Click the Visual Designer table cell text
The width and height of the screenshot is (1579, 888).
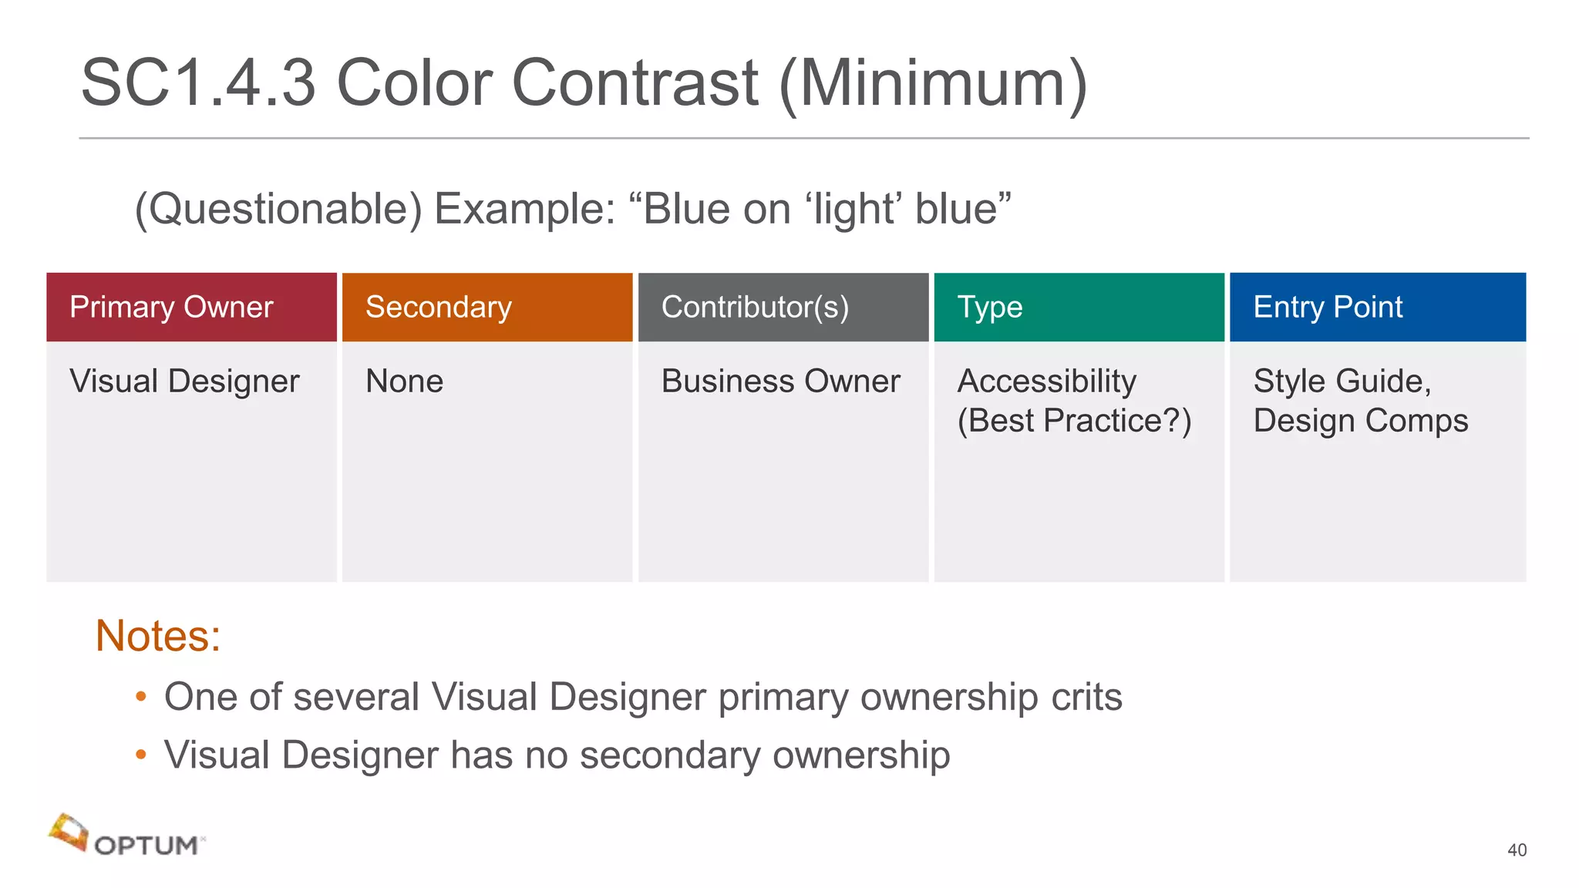184,382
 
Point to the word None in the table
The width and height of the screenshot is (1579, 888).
404,382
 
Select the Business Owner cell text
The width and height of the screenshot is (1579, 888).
780,382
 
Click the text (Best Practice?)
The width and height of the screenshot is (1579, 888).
1074,421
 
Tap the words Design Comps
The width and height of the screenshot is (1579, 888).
1360,421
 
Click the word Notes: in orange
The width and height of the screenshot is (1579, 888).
158,636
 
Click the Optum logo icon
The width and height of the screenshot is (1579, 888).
68,832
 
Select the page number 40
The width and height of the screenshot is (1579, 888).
1517,850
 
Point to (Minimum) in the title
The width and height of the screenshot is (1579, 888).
933,82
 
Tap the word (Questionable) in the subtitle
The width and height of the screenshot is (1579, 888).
278,209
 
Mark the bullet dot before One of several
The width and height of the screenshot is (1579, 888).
140,697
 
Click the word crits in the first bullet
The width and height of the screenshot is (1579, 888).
1086,697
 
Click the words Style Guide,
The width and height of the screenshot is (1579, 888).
1342,382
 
